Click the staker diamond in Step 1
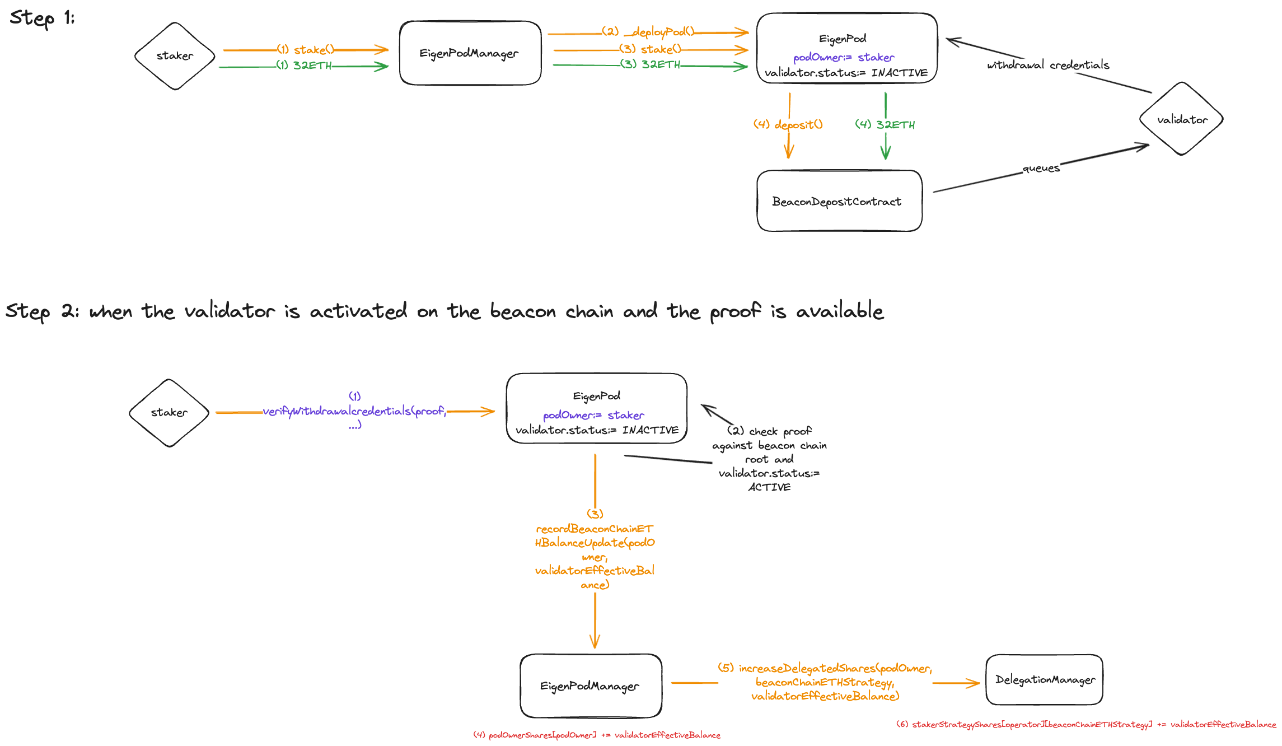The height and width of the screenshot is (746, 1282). point(175,56)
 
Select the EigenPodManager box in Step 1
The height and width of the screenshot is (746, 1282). point(470,53)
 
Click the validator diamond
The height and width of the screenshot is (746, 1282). point(1181,119)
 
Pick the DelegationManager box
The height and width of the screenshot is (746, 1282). point(1044,679)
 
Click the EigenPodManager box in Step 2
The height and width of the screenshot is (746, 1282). point(590,686)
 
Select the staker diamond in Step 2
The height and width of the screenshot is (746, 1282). point(169,413)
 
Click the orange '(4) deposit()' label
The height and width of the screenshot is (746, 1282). point(788,124)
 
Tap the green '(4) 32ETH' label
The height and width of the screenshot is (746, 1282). point(885,124)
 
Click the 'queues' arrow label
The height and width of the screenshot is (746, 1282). point(1041,168)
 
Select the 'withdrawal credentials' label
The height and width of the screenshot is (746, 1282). point(1048,65)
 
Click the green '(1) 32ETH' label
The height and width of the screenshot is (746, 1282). point(305,66)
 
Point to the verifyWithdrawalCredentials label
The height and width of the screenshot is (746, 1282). point(354,411)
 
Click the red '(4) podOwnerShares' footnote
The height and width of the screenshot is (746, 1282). point(597,735)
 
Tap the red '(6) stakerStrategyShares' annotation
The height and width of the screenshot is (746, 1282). point(1086,724)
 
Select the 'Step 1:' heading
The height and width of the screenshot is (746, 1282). point(42,18)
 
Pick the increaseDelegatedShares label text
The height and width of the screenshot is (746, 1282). point(825,682)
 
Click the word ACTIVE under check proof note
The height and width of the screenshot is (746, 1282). point(769,487)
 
